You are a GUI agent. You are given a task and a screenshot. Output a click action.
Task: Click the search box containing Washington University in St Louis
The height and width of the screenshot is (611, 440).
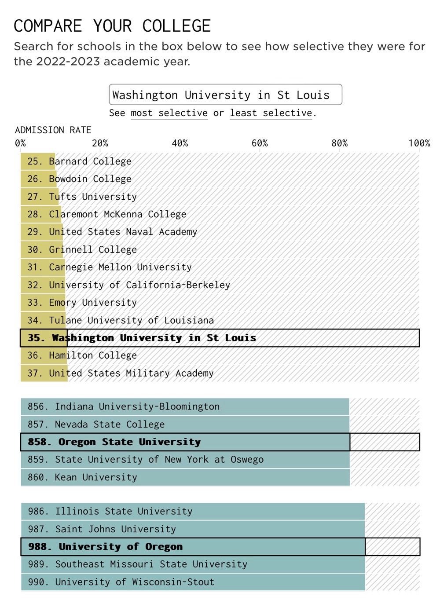[225, 95]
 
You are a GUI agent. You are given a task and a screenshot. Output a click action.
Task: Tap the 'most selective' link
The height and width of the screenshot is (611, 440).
[169, 113]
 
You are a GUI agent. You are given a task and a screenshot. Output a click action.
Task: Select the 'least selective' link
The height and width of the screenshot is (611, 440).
[271, 113]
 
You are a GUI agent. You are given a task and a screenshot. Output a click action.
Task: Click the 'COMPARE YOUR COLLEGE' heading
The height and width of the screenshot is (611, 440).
[112, 26]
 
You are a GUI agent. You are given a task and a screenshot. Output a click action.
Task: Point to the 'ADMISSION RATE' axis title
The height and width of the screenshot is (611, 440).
[53, 130]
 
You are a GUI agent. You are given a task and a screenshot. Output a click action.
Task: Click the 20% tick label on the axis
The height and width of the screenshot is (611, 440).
[100, 143]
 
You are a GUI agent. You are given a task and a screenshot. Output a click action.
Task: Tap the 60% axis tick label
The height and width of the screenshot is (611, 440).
[260, 143]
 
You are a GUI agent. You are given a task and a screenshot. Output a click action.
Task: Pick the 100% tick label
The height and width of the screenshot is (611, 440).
[419, 143]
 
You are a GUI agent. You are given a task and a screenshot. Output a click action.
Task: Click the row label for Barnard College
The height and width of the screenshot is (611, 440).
[79, 161]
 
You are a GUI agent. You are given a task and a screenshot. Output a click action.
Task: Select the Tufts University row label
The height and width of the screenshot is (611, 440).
[82, 197]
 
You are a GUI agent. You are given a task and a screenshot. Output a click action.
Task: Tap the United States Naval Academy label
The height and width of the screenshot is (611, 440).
[112, 232]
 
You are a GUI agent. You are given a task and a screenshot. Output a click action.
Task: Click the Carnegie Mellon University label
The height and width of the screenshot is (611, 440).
[109, 267]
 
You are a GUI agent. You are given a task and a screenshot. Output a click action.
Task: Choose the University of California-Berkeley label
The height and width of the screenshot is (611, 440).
[128, 285]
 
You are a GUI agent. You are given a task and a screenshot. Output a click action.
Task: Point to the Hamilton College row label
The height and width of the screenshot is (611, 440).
[82, 355]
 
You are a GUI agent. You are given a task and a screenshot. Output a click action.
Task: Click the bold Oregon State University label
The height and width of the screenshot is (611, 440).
[114, 442]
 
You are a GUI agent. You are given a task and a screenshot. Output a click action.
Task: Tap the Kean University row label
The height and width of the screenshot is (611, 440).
[82, 477]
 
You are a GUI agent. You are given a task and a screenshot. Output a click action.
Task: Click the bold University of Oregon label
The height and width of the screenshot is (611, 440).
[105, 547]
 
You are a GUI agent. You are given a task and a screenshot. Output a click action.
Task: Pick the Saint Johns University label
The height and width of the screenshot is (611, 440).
[102, 529]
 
